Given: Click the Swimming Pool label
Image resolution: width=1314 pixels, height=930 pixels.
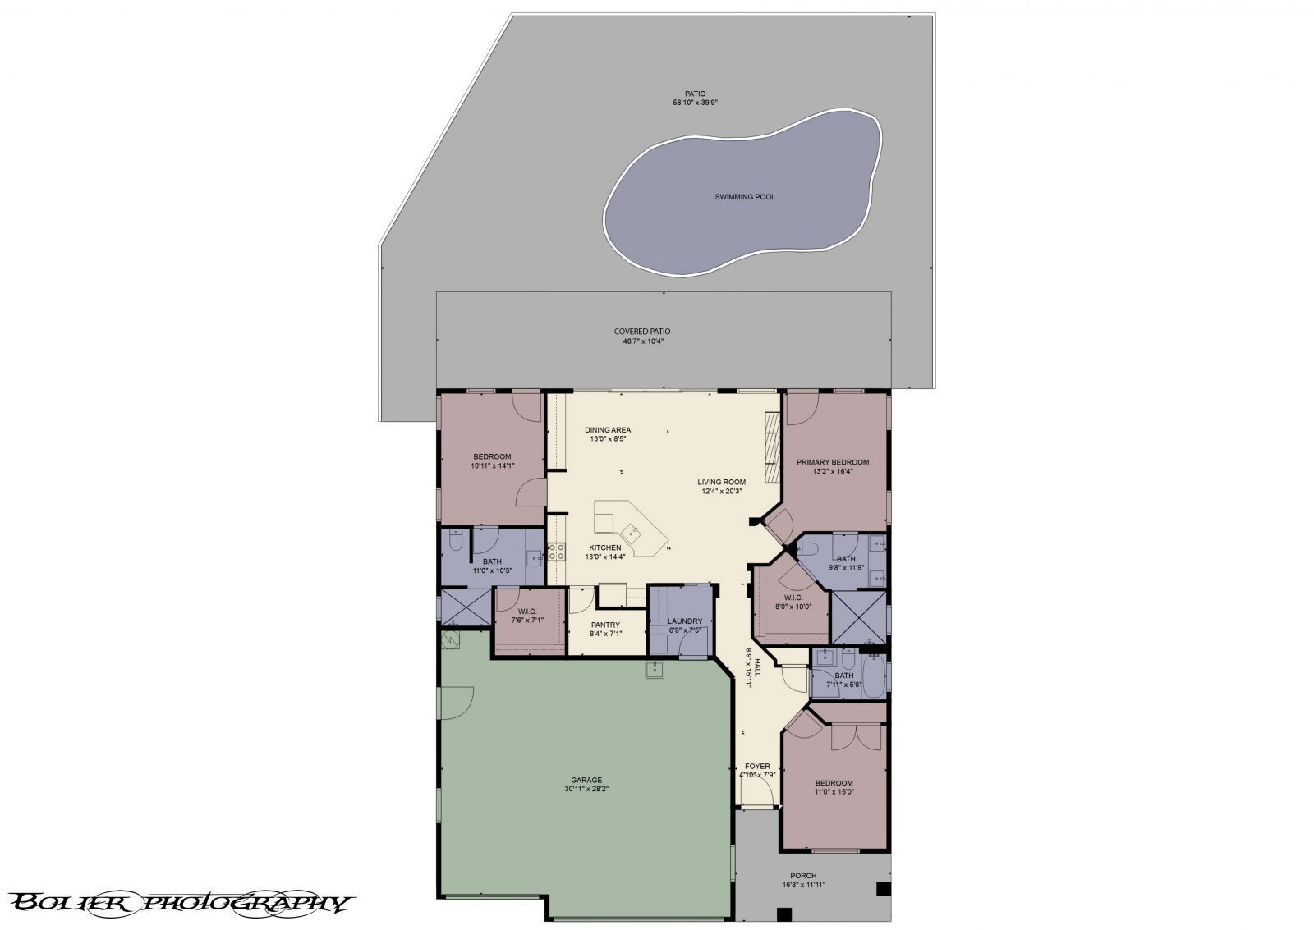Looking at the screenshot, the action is (744, 197).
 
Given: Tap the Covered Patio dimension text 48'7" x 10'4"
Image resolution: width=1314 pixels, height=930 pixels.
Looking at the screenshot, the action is (642, 341).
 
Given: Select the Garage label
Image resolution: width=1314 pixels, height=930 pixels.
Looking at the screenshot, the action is (586, 780).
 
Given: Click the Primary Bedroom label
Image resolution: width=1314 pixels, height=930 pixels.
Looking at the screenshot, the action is (833, 462).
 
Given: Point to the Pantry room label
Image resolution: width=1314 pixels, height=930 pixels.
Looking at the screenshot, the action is (605, 625).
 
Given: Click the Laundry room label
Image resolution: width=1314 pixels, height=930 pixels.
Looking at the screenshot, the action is (685, 621).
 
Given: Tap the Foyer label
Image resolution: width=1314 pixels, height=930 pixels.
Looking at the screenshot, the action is (757, 766).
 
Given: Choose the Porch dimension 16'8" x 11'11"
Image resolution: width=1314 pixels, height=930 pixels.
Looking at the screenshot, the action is (803, 885).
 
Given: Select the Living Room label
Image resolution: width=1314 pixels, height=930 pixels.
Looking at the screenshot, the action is (722, 482).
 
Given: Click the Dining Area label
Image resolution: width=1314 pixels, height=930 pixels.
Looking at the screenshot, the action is (608, 430).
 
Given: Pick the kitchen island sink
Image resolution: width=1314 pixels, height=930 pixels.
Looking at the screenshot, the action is (632, 533).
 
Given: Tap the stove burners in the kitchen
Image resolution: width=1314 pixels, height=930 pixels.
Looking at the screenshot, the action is (557, 552).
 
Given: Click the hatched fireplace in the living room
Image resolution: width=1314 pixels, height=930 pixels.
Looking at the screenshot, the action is (773, 447).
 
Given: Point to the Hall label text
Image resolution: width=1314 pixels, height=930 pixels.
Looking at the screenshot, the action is (757, 667).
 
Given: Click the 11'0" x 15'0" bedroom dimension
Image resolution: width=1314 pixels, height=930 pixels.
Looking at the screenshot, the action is (834, 791).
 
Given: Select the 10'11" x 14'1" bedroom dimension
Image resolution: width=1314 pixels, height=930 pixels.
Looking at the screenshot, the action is (492, 465).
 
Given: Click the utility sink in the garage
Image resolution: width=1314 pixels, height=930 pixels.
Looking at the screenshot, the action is (655, 670).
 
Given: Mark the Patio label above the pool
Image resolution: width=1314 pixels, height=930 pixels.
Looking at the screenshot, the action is (695, 94).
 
